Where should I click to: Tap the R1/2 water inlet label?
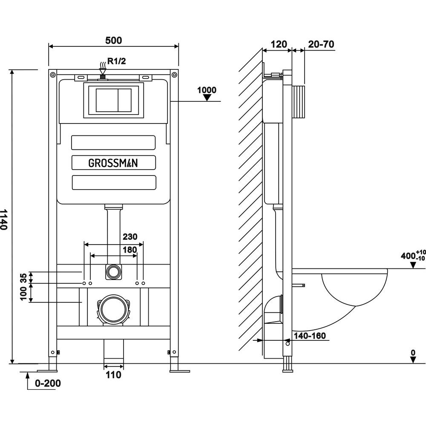pyautogui.click(x=116, y=61)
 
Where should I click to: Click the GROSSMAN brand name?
pyautogui.click(x=113, y=163)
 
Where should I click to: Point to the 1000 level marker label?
pyautogui.click(x=207, y=90)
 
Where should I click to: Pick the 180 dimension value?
pyautogui.click(x=130, y=250)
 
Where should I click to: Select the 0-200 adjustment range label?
pyautogui.click(x=48, y=383)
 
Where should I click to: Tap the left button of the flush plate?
pyautogui.click(x=105, y=100)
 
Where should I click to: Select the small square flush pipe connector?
pyautogui.click(x=113, y=271)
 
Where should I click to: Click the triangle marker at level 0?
pyautogui.click(x=413, y=360)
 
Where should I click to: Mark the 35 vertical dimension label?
pyautogui.click(x=24, y=278)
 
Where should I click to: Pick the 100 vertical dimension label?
pyautogui.click(x=24, y=293)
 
